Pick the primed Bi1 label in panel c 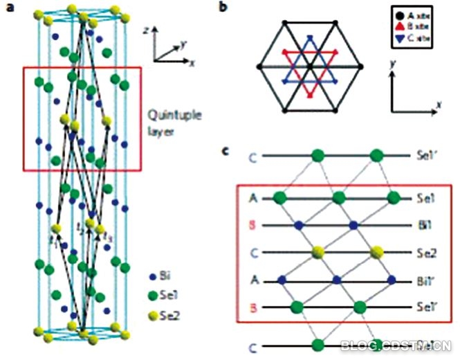(x=427, y=280)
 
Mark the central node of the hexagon (x=309, y=66)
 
